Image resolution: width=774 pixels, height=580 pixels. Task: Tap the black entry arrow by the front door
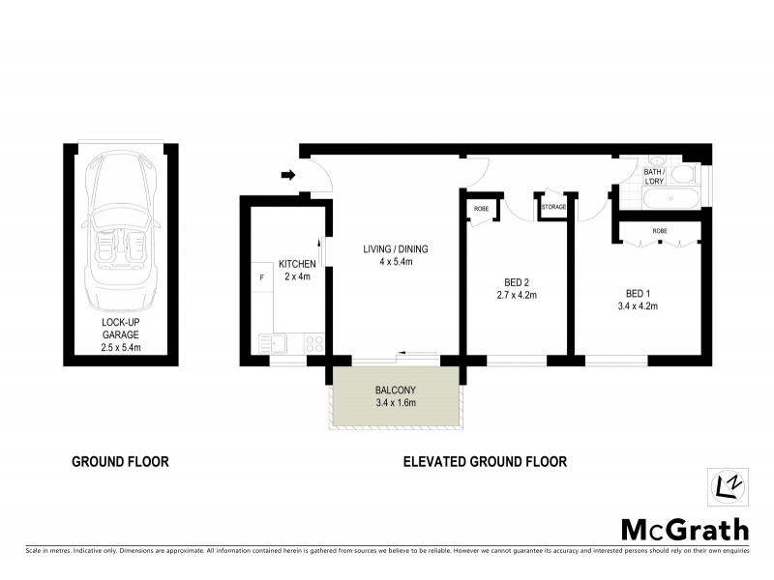pos(287,175)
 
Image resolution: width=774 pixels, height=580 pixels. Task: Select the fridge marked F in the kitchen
pos(260,278)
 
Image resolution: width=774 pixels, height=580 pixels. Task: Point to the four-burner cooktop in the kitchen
pos(313,342)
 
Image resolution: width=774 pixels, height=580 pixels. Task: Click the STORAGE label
pos(553,207)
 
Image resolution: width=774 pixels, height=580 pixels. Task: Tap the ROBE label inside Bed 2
pos(480,208)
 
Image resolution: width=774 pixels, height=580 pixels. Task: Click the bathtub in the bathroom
pos(673,198)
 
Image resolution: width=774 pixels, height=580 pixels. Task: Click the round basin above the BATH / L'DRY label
pos(655,160)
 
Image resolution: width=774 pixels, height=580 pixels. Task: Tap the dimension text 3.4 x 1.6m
pos(395,403)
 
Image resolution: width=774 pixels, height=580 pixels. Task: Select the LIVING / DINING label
pos(395,249)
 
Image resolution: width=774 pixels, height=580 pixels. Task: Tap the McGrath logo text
pos(684,529)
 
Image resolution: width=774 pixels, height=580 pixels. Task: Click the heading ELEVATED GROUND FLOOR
pos(485,462)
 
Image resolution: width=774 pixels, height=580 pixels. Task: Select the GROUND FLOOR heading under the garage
pos(121,462)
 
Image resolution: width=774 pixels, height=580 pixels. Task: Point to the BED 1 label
pos(636,294)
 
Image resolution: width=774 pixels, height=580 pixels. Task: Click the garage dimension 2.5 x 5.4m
pos(121,346)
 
